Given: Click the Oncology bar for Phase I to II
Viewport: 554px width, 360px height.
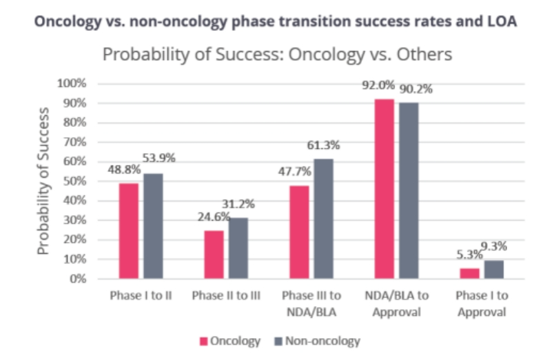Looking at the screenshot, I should tap(129, 231).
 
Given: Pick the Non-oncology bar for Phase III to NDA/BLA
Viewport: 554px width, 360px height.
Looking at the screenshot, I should tap(324, 219).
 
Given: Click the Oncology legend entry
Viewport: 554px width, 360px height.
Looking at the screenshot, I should tap(231, 341).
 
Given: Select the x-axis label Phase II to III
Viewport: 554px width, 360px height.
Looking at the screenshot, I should tap(226, 296).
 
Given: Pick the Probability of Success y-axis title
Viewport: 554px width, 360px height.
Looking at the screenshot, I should tap(44, 181).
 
